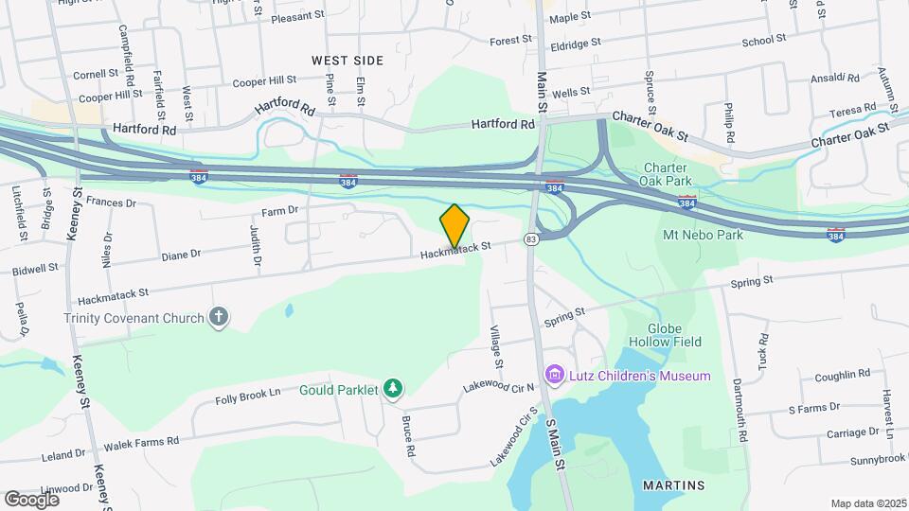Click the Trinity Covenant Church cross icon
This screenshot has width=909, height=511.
(x=219, y=317)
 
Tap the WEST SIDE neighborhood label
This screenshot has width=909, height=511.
(x=348, y=61)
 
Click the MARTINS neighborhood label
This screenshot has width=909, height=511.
(x=673, y=485)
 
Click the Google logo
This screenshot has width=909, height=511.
(x=31, y=499)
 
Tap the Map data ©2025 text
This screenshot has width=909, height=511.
(x=867, y=503)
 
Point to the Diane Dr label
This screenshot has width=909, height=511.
(x=181, y=255)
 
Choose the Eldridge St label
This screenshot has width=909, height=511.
(x=576, y=44)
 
